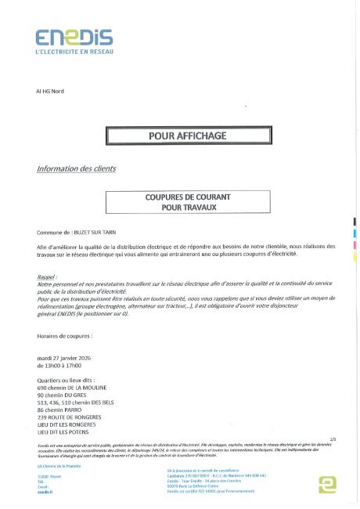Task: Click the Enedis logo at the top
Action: pos(74,37)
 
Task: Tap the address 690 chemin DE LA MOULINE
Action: pos(76,387)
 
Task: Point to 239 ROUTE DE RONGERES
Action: pos(72,416)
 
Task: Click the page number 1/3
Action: pos(333,439)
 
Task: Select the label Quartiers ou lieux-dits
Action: pos(69,380)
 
